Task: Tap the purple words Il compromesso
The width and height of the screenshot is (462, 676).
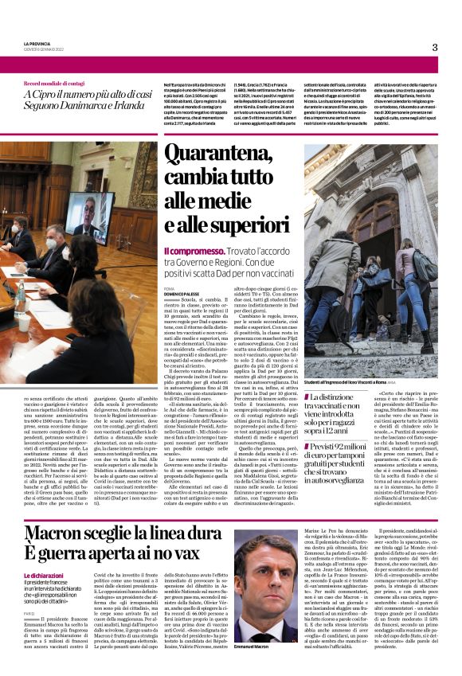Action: click(190, 251)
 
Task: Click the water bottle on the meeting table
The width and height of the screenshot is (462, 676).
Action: click(20, 299)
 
